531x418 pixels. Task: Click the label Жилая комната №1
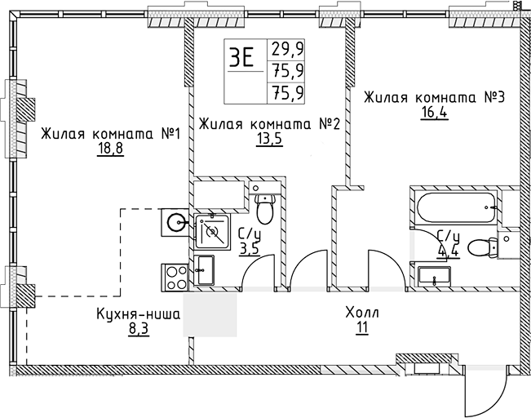109,133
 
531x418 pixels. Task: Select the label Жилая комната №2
269,123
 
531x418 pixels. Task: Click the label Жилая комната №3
435,97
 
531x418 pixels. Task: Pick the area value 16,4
435,113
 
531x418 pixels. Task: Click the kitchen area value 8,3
137,328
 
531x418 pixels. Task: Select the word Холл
362,313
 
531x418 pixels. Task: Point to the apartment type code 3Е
241,58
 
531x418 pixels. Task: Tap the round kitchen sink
175,220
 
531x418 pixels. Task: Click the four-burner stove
175,276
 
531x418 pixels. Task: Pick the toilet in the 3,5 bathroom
265,210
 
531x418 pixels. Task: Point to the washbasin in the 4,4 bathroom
435,276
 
